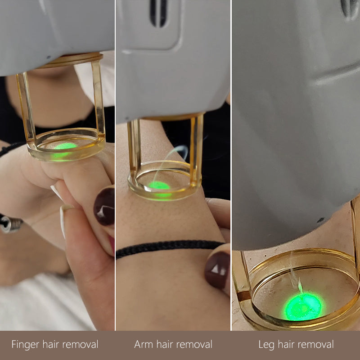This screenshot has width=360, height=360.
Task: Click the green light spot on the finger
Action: pyautogui.click(x=64, y=148)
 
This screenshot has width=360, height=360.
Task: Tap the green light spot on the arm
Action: pyautogui.click(x=160, y=186)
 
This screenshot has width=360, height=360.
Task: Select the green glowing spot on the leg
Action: pyautogui.click(x=304, y=306)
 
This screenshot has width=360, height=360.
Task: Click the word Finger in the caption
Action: pyautogui.click(x=26, y=345)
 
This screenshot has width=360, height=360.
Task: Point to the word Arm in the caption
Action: pyautogui.click(x=144, y=345)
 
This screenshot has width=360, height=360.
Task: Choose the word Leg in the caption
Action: pyautogui.click(x=267, y=345)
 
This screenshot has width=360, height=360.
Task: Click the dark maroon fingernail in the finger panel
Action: pyautogui.click(x=104, y=206)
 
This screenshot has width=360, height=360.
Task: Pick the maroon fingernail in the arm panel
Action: pyautogui.click(x=217, y=270)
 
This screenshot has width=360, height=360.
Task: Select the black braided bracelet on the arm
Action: pyautogui.click(x=166, y=247)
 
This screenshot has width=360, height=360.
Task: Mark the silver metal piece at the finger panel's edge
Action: pyautogui.click(x=10, y=223)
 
